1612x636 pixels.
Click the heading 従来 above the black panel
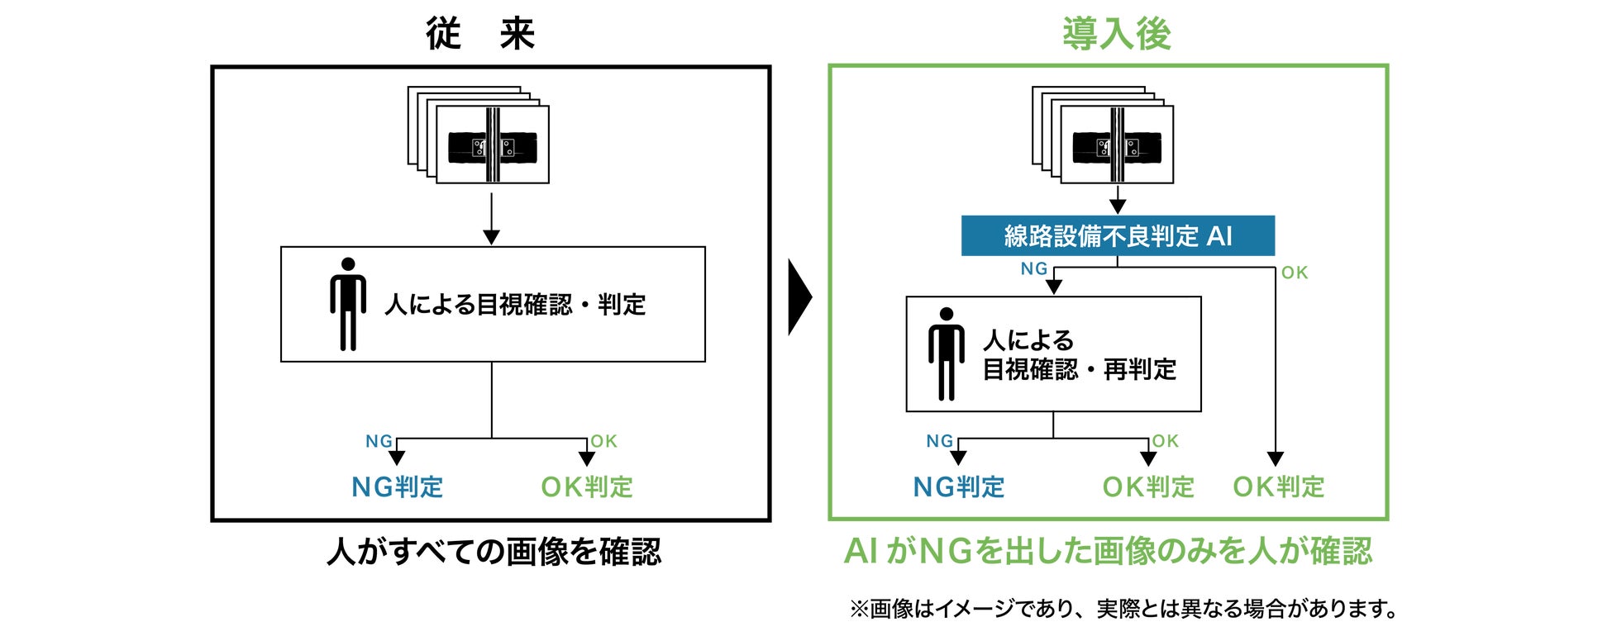click(x=480, y=35)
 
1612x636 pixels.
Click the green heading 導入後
click(x=1116, y=35)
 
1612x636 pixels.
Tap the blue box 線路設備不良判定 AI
click(x=1118, y=236)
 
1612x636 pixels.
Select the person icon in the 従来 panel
click(x=348, y=304)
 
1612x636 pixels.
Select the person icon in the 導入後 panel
click(x=946, y=354)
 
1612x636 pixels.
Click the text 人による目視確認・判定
click(x=514, y=305)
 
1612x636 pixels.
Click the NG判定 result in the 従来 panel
click(x=398, y=487)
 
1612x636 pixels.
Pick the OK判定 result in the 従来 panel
click(x=587, y=487)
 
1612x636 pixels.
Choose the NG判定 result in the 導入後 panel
click(x=959, y=487)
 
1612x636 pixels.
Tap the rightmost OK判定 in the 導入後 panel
click(x=1278, y=487)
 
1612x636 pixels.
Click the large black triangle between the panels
click(x=799, y=297)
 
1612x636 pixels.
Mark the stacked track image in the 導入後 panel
click(x=1104, y=135)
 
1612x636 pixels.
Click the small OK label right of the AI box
click(x=1295, y=273)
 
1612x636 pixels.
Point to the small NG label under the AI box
click(x=1034, y=269)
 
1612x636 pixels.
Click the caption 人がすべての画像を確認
click(x=494, y=552)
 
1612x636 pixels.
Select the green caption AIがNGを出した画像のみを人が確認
click(x=1108, y=552)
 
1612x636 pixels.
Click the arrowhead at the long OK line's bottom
click(x=1276, y=459)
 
